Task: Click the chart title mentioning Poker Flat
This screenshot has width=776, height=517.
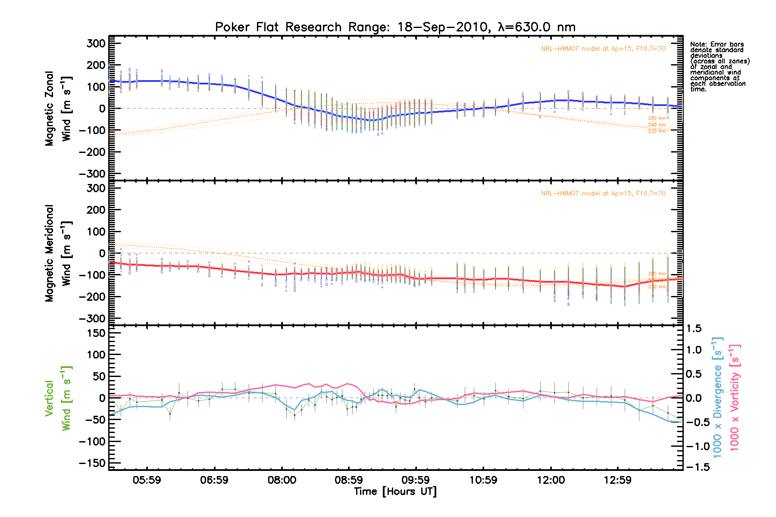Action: (395, 27)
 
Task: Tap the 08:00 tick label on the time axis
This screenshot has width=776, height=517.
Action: (282, 480)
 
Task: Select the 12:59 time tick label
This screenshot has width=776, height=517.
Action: (617, 480)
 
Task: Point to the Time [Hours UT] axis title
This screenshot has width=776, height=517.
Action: (395, 492)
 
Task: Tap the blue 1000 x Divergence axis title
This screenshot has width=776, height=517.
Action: (717, 398)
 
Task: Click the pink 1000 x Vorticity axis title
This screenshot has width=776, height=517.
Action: (735, 398)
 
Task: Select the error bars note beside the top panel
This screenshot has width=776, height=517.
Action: (719, 67)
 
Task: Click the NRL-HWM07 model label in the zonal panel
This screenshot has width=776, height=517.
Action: (603, 49)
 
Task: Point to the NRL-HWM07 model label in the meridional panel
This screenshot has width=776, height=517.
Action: (603, 193)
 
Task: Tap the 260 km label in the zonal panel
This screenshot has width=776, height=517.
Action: (657, 118)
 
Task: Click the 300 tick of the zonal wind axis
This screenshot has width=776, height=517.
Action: (96, 44)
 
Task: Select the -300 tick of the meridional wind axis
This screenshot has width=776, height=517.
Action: (92, 318)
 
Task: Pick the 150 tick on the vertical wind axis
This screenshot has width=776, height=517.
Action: (96, 333)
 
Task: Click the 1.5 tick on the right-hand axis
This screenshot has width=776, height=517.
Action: (694, 329)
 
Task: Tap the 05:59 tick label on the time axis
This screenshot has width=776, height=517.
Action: (147, 480)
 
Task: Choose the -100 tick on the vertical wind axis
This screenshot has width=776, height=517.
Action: (92, 442)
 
